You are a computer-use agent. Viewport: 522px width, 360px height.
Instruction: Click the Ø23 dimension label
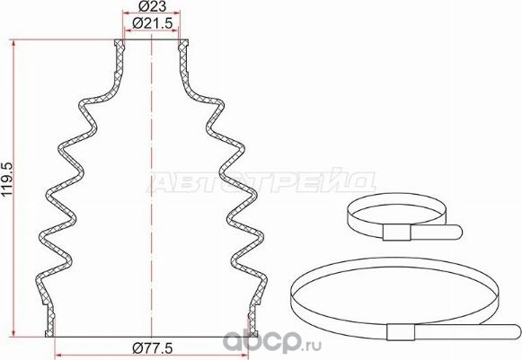coord(151,8)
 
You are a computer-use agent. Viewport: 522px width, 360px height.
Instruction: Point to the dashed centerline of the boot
coord(152,180)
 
